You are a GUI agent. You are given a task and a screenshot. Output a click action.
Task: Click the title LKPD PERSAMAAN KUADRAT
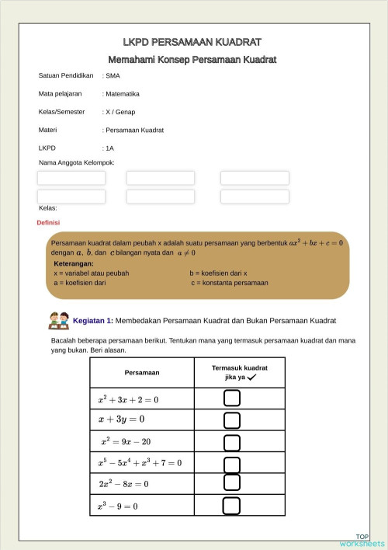tap(192, 42)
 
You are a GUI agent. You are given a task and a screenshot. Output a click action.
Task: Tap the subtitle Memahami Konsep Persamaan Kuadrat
tap(192, 60)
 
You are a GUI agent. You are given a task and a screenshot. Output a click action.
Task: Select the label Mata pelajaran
tap(61, 94)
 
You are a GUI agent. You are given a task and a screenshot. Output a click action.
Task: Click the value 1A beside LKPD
tap(110, 148)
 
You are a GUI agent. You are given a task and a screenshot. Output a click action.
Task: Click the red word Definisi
tap(49, 222)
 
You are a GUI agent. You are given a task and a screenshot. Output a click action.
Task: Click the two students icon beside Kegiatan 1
tap(59, 319)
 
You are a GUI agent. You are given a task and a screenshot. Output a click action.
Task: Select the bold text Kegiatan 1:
tap(93, 320)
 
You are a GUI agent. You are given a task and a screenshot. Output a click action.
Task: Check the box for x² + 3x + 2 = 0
tap(231, 399)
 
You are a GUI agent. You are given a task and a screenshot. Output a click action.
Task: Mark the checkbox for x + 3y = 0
tap(231, 420)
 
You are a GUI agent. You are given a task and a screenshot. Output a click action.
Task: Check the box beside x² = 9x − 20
tap(231, 442)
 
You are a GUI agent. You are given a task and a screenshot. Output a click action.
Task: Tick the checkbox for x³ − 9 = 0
tap(231, 506)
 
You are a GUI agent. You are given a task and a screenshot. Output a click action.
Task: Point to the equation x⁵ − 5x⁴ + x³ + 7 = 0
tap(140, 463)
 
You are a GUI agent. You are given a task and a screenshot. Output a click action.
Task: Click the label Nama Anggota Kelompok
tap(77, 162)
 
